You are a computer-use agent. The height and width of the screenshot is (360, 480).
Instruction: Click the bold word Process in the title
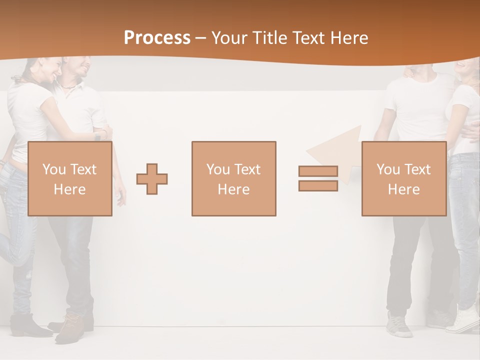(x=157, y=38)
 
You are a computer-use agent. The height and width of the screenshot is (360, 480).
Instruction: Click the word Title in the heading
(x=269, y=38)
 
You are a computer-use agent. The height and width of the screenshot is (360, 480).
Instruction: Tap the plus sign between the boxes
(x=152, y=179)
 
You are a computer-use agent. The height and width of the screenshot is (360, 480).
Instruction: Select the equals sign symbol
(x=318, y=178)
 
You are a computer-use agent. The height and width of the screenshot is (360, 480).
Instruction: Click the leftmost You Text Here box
(x=69, y=178)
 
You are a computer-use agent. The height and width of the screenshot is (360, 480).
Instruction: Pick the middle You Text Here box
(x=233, y=178)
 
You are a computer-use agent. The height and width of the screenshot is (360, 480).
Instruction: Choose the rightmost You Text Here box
(x=403, y=178)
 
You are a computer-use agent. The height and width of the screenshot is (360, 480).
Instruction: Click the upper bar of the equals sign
(x=318, y=171)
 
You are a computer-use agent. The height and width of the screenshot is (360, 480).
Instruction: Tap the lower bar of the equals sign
(x=318, y=185)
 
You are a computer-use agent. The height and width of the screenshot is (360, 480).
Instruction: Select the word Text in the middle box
(x=247, y=169)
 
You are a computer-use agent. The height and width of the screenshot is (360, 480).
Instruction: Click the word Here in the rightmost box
(x=403, y=189)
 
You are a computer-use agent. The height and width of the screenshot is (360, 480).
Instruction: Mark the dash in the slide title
(x=201, y=38)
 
